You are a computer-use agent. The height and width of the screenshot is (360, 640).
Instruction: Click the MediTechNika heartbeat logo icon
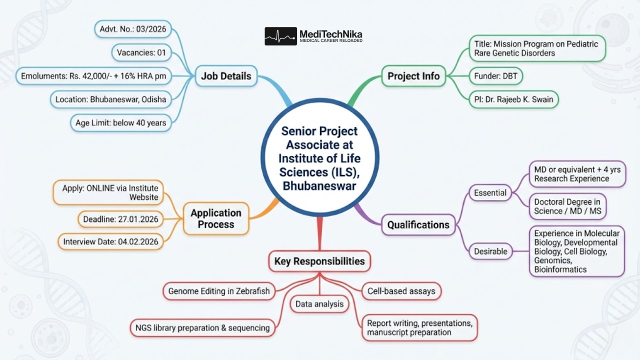tap(280, 36)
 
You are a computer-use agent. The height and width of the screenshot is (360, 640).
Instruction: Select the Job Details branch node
tap(226, 76)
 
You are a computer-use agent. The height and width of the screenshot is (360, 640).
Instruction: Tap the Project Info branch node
tap(413, 76)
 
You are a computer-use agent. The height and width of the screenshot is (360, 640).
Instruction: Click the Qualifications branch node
tap(418, 225)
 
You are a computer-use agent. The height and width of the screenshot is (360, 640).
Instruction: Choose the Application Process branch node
tap(215, 218)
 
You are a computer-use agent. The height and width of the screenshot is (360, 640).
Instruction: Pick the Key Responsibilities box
tap(319, 261)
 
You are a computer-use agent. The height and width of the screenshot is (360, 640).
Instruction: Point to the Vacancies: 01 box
tap(141, 52)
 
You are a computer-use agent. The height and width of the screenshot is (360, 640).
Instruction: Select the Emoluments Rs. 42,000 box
tap(93, 76)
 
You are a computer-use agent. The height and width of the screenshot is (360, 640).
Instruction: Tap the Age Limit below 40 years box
tap(120, 122)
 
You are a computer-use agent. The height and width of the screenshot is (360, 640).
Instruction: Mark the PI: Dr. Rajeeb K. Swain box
tap(513, 99)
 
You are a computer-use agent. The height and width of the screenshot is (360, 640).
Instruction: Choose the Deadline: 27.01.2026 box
tap(121, 218)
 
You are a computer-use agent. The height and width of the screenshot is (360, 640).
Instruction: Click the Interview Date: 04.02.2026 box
tap(110, 242)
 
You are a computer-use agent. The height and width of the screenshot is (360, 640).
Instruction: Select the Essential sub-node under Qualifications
tap(490, 192)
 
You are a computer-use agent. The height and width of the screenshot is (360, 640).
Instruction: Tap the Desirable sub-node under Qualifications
tap(490, 251)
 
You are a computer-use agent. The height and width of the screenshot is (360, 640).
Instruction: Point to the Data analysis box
tap(319, 303)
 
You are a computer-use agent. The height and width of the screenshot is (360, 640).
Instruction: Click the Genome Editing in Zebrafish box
tap(219, 290)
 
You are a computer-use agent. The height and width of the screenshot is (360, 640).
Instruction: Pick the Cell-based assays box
tap(401, 290)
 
